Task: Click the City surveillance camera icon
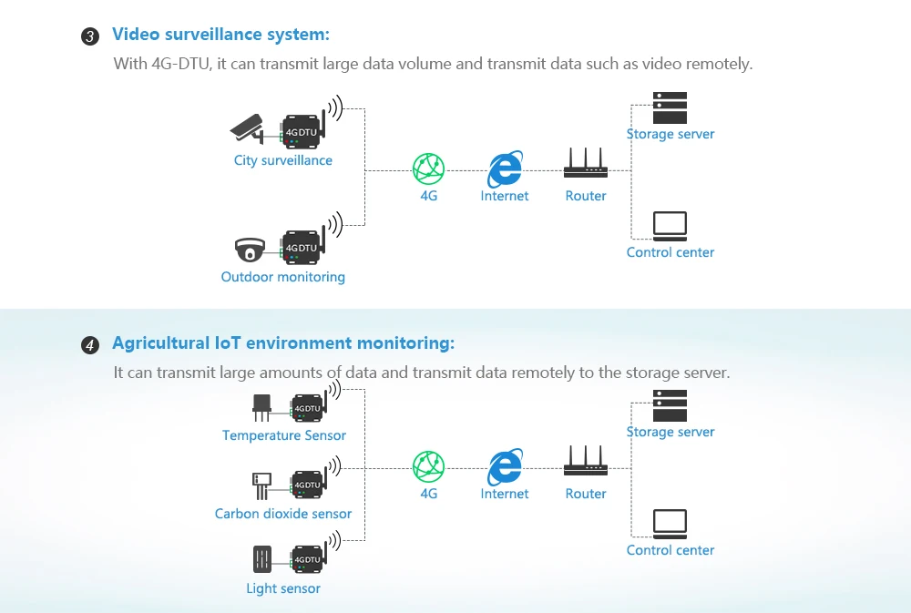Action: [x=246, y=128]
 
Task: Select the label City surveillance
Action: [x=282, y=160]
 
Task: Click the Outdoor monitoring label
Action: [x=282, y=277]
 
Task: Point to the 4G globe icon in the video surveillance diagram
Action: [x=428, y=169]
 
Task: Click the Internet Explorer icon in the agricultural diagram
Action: [x=504, y=467]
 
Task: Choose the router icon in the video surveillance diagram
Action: [x=585, y=164]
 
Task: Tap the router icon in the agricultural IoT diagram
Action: [x=585, y=461]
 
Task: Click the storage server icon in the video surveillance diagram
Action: [x=670, y=108]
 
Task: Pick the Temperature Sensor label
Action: [x=284, y=435]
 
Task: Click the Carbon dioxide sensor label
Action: [x=282, y=514]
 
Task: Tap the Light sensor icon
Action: [x=261, y=558]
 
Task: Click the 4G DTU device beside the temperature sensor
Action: [x=307, y=407]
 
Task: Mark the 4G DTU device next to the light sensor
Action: [x=307, y=558]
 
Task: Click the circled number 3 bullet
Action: [x=90, y=36]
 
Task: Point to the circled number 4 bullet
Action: [x=90, y=345]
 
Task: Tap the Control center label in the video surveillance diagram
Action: [x=670, y=252]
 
